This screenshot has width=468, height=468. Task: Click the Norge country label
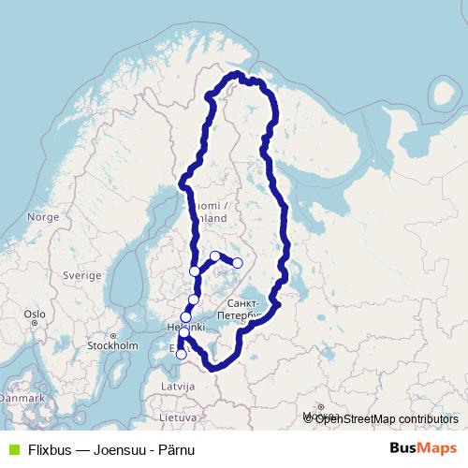(43, 216)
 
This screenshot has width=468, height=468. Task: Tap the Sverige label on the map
(81, 276)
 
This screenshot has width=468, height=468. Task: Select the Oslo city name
(35, 314)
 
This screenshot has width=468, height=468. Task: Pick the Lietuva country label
(178, 417)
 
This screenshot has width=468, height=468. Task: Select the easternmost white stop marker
(238, 263)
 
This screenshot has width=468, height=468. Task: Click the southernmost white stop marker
(181, 354)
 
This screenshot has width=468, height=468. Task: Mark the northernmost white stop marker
(215, 256)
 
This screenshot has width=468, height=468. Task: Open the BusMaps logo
(423, 448)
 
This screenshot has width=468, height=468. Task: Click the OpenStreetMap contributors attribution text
(387, 419)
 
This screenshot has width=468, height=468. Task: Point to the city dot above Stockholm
(113, 335)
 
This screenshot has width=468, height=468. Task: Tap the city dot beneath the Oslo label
(34, 324)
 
